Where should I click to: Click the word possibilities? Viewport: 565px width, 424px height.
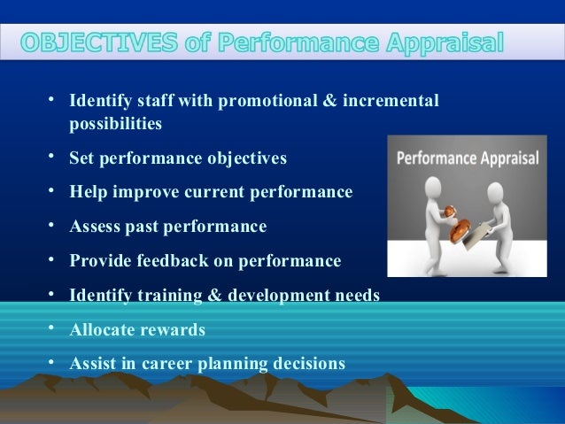pyautogui.click(x=115, y=124)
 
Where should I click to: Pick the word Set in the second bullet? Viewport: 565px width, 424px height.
pyautogui.click(x=83, y=158)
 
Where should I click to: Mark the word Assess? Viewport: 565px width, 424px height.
pyautogui.click(x=97, y=227)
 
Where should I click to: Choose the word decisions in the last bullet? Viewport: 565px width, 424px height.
pyautogui.click(x=308, y=364)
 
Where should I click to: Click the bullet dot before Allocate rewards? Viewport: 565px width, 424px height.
pyautogui.click(x=52, y=328)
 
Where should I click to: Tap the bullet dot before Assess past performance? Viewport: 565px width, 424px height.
pyautogui.click(x=52, y=225)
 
